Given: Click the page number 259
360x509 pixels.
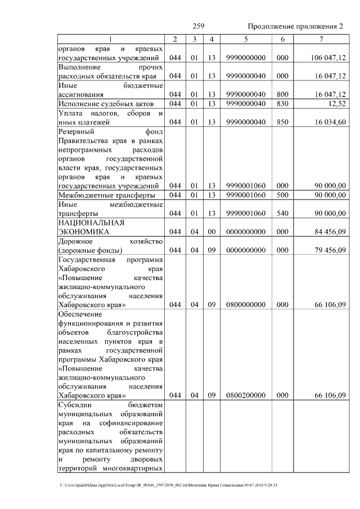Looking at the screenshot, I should (198, 26).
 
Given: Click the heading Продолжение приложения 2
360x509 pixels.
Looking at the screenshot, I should (295, 26).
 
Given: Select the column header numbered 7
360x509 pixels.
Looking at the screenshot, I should (321, 39).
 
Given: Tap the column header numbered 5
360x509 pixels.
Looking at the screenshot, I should (246, 39).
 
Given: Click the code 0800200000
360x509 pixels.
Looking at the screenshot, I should (246, 395).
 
